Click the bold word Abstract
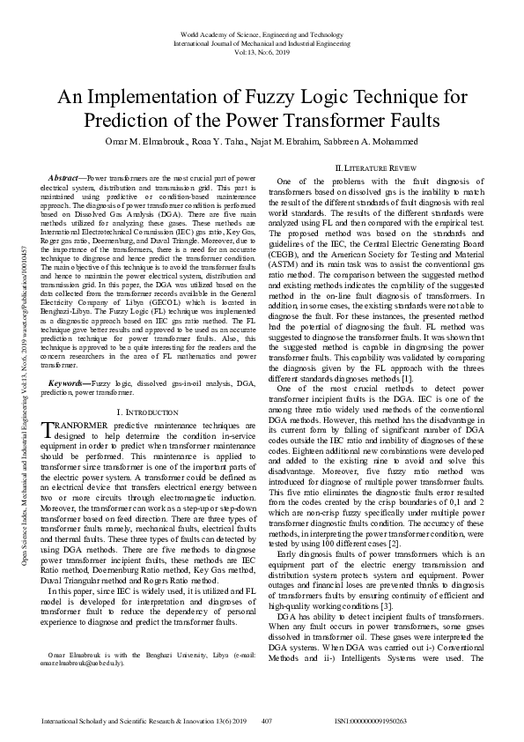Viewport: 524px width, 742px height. point(66,179)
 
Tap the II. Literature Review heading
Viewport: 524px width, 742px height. point(378,167)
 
